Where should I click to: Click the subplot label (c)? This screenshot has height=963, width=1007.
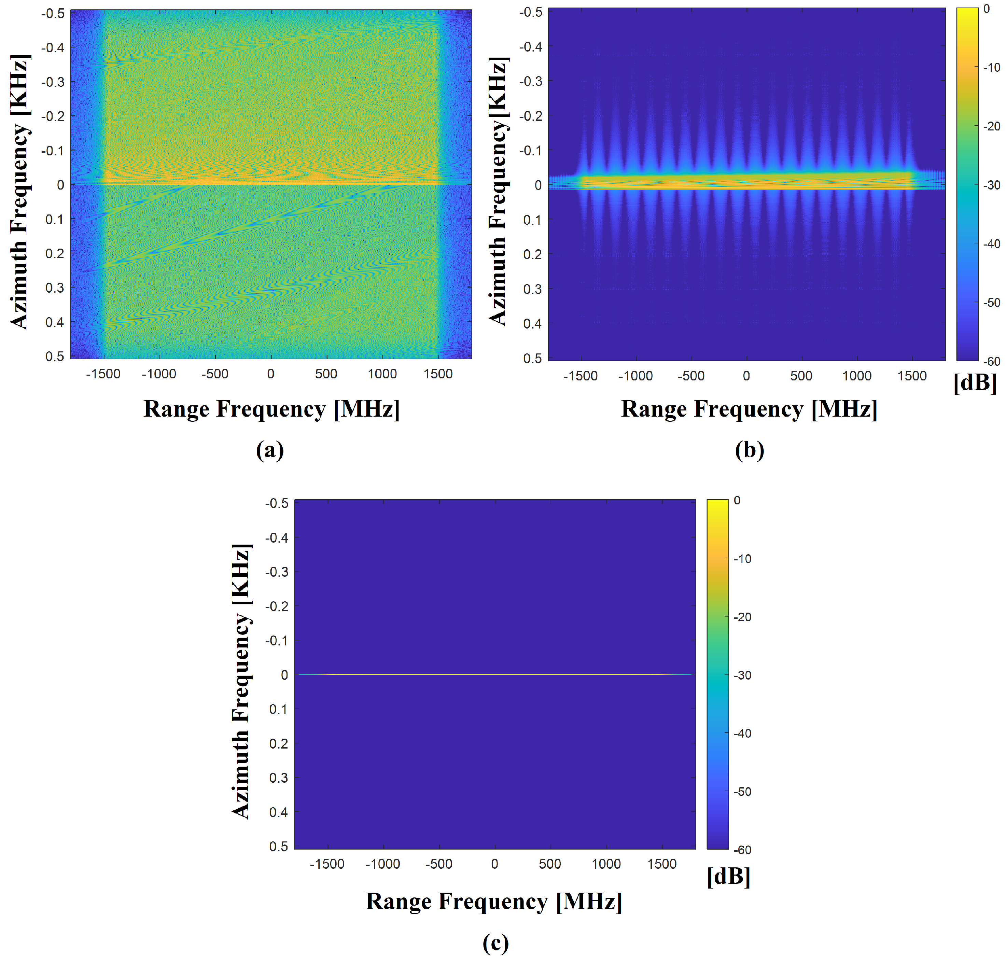495,943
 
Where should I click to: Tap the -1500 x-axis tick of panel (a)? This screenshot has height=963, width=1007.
103,374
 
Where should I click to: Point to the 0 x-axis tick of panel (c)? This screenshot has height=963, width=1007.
494,864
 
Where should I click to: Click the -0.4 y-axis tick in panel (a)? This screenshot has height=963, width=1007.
53,48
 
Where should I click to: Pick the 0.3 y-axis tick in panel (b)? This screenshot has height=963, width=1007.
532,289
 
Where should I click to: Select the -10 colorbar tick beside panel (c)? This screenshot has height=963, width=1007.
742,558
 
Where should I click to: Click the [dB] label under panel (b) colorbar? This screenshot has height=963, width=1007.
975,383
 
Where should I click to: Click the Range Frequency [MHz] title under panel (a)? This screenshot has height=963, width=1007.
271,409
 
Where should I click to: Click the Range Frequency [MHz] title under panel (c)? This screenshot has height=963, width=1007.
494,902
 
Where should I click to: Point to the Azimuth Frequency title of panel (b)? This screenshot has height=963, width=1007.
498,191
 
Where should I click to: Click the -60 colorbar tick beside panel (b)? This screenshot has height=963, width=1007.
992,361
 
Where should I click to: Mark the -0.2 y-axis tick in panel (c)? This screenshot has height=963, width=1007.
276,606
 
